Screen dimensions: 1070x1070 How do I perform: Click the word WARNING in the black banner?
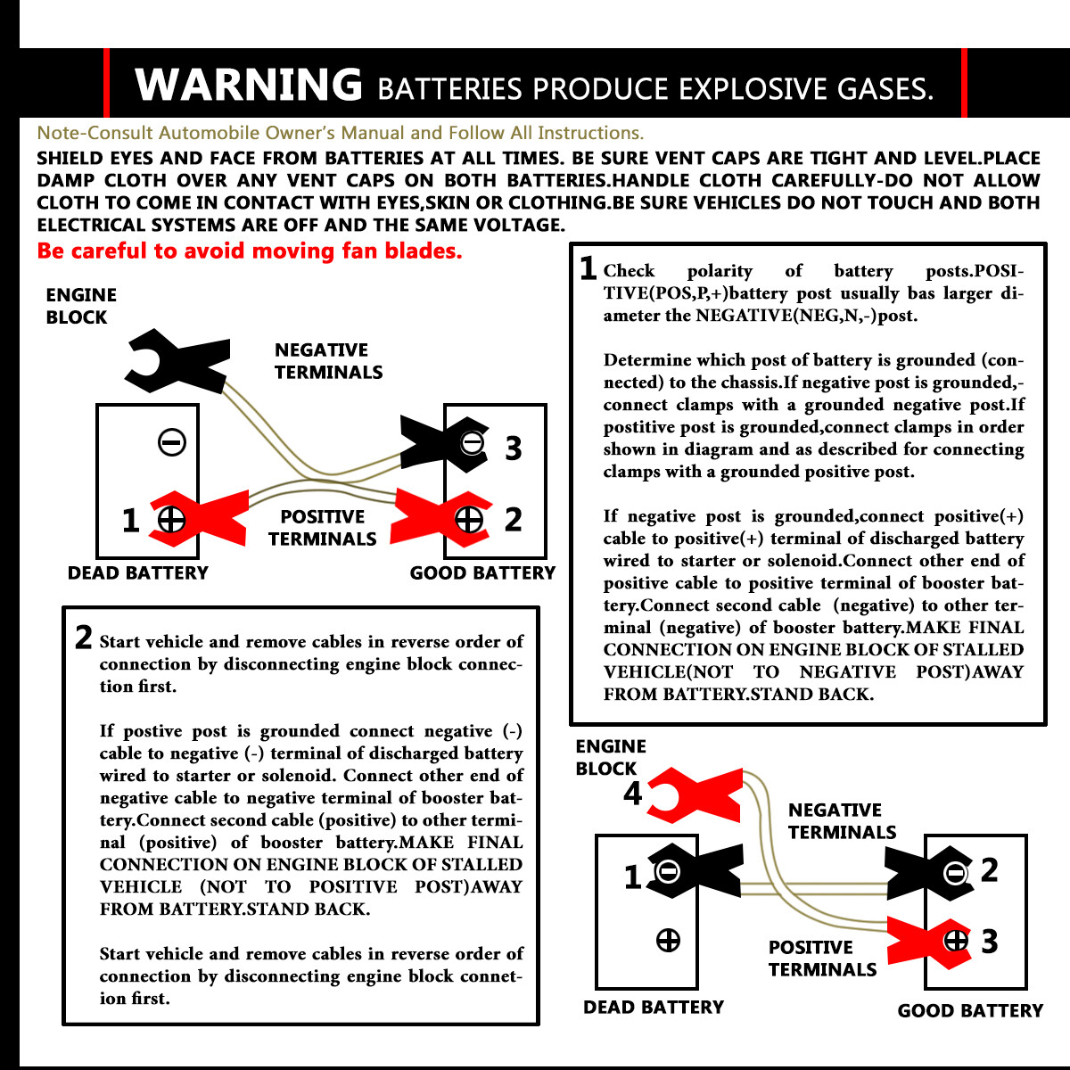pyautogui.click(x=248, y=85)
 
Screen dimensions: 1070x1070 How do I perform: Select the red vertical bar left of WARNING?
pyautogui.click(x=106, y=83)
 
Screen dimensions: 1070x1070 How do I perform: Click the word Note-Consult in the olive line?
pyautogui.click(x=95, y=133)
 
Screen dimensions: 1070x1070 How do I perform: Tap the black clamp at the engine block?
pyautogui.click(x=177, y=361)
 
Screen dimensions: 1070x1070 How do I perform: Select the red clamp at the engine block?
pyautogui.click(x=695, y=795)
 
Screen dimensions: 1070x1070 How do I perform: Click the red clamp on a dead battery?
pyautogui.click(x=199, y=519)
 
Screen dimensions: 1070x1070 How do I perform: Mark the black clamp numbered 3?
pyautogui.click(x=444, y=444)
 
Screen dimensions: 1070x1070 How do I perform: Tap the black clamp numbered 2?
pyautogui.click(x=928, y=873)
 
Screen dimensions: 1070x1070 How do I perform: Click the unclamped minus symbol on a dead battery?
pyautogui.click(x=172, y=442)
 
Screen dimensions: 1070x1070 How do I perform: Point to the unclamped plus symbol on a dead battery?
pyautogui.click(x=668, y=941)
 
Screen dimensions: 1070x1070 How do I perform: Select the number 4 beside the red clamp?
pyautogui.click(x=633, y=793)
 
